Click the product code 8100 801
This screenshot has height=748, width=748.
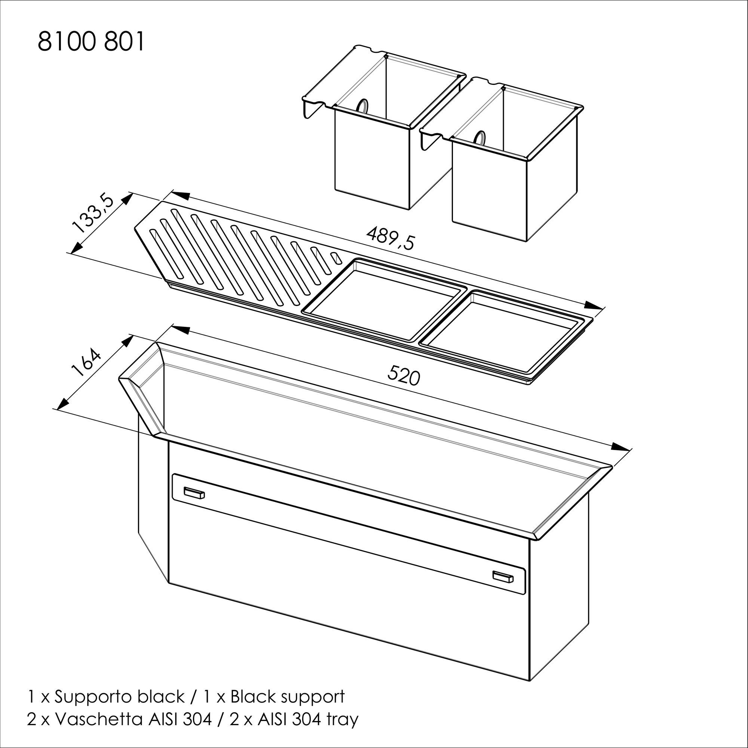coord(91,42)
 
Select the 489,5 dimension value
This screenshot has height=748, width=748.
coord(390,239)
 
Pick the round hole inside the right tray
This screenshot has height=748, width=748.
coord(480,138)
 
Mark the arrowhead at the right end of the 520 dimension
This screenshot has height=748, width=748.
coord(620,447)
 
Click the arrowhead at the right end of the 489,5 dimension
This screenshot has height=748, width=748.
coord(593,306)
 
